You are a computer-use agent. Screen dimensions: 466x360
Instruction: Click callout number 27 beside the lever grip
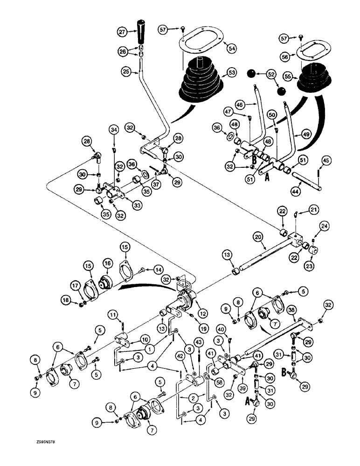click(123, 32)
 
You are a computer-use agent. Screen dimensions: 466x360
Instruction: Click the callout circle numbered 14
click(160, 269)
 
